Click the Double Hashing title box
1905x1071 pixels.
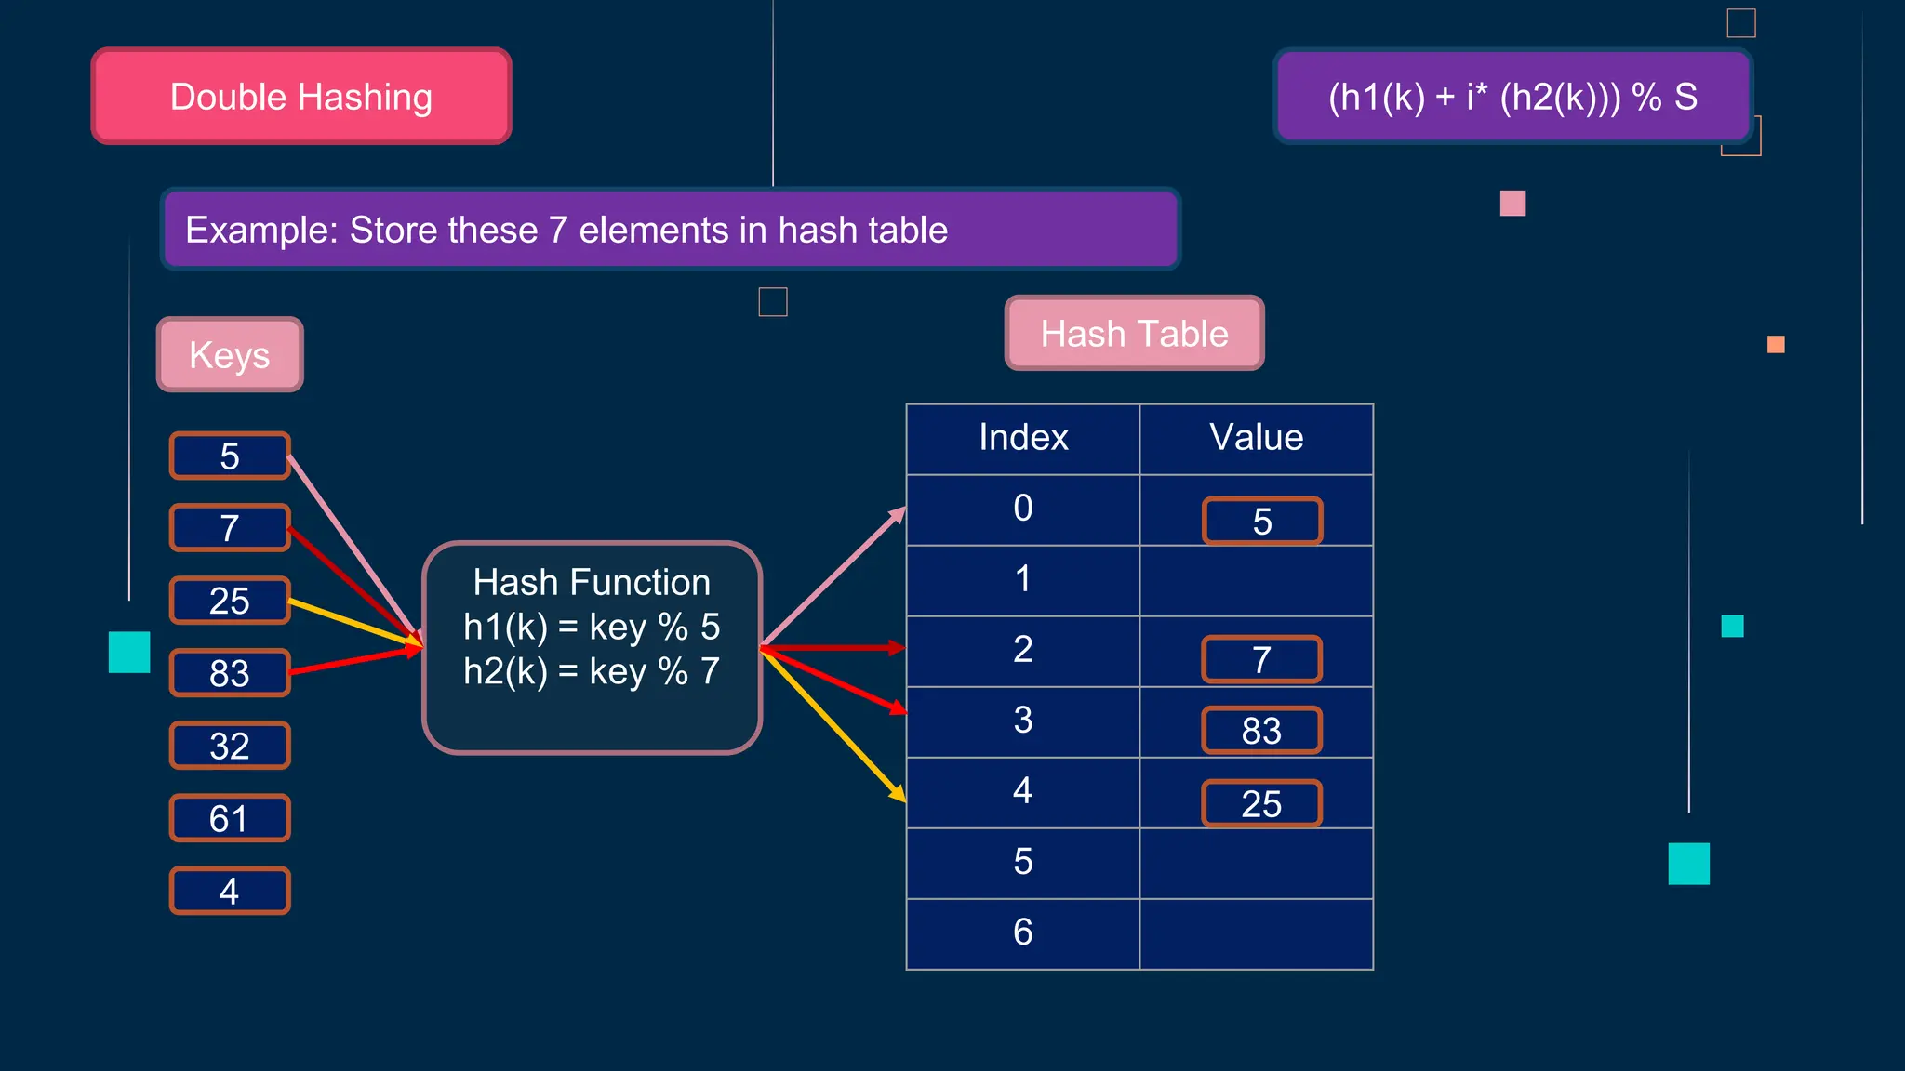(x=301, y=97)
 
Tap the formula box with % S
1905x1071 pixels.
(x=1512, y=97)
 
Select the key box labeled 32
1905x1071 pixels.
(x=230, y=746)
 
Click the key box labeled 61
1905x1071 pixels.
(x=230, y=818)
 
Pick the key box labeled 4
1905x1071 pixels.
(x=230, y=891)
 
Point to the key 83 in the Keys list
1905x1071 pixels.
(x=230, y=673)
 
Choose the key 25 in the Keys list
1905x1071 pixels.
(x=230, y=601)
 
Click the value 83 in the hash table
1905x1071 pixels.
(x=1261, y=731)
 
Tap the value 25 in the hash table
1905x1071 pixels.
(x=1261, y=803)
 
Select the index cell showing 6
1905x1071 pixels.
(x=1022, y=932)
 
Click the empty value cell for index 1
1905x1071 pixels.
(x=1256, y=580)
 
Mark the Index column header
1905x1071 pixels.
(x=1022, y=438)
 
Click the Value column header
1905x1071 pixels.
(x=1256, y=438)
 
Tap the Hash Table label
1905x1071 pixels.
(x=1134, y=334)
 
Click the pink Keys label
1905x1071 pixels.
(x=230, y=355)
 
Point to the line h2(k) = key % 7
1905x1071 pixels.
(x=592, y=671)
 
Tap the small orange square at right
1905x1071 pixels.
(x=1775, y=345)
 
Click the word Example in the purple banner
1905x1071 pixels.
(x=260, y=230)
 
